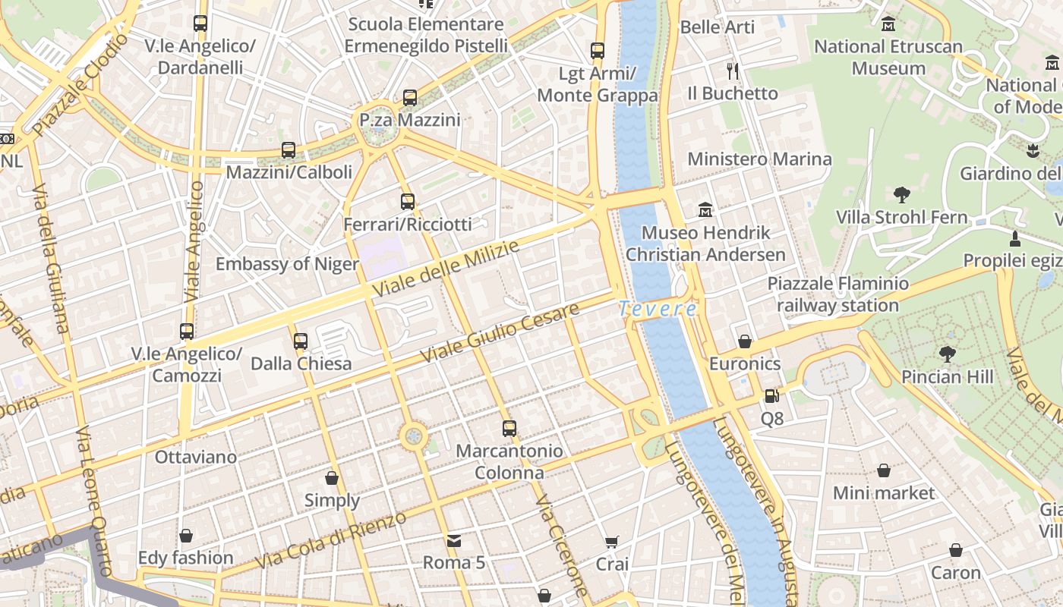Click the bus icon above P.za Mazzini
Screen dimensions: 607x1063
tap(410, 97)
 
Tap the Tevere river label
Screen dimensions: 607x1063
tap(657, 309)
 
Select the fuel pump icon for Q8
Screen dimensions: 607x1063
tap(771, 395)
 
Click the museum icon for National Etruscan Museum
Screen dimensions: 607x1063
tap(888, 24)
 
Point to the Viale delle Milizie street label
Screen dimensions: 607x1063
tap(446, 269)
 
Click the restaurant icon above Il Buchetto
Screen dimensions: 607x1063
tap(733, 71)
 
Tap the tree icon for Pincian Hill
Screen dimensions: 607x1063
tap(947, 354)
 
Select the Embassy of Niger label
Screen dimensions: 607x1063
tap(287, 264)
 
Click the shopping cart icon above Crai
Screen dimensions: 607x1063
tap(612, 542)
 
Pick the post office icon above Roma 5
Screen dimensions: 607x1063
tap(454, 540)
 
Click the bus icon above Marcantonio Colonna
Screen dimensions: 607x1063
tap(509, 428)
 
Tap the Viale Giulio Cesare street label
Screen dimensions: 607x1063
tap(500, 332)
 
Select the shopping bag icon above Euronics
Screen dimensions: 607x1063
tap(745, 341)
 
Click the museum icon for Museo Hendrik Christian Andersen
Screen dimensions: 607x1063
tap(705, 209)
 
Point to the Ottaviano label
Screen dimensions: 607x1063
tap(196, 458)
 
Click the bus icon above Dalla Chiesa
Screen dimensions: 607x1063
tap(301, 341)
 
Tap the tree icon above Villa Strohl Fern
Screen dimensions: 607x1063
tap(902, 195)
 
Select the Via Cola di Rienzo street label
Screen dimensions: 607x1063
tap(330, 541)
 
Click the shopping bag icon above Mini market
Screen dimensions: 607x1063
tap(884, 470)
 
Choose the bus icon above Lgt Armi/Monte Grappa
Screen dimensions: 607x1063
tap(598, 51)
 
